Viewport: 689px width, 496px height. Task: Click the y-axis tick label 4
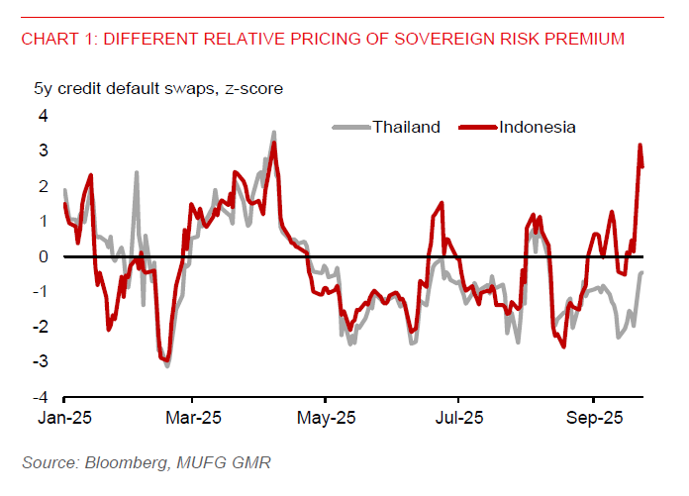pos(43,116)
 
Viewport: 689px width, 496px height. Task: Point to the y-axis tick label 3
pos(43,150)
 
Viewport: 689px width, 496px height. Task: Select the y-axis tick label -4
pos(40,397)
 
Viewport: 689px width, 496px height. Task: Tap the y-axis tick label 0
pos(43,256)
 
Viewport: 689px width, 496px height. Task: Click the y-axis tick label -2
pos(40,327)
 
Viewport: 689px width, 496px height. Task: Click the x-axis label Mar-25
pos(193,418)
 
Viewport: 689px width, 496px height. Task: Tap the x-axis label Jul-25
pos(460,418)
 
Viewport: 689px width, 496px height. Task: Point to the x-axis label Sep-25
pos(592,418)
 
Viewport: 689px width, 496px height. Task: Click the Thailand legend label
pos(406,127)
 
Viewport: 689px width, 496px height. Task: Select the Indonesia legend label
pos(538,127)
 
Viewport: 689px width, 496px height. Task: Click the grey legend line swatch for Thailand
pos(349,127)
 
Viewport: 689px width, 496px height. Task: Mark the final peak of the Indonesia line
pos(640,146)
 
